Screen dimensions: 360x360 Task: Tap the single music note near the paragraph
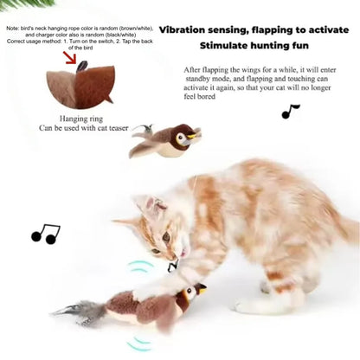(290, 112)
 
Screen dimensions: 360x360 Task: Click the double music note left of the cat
(45, 234)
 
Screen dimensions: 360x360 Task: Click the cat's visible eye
(166, 235)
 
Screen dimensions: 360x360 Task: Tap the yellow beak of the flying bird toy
(196, 135)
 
